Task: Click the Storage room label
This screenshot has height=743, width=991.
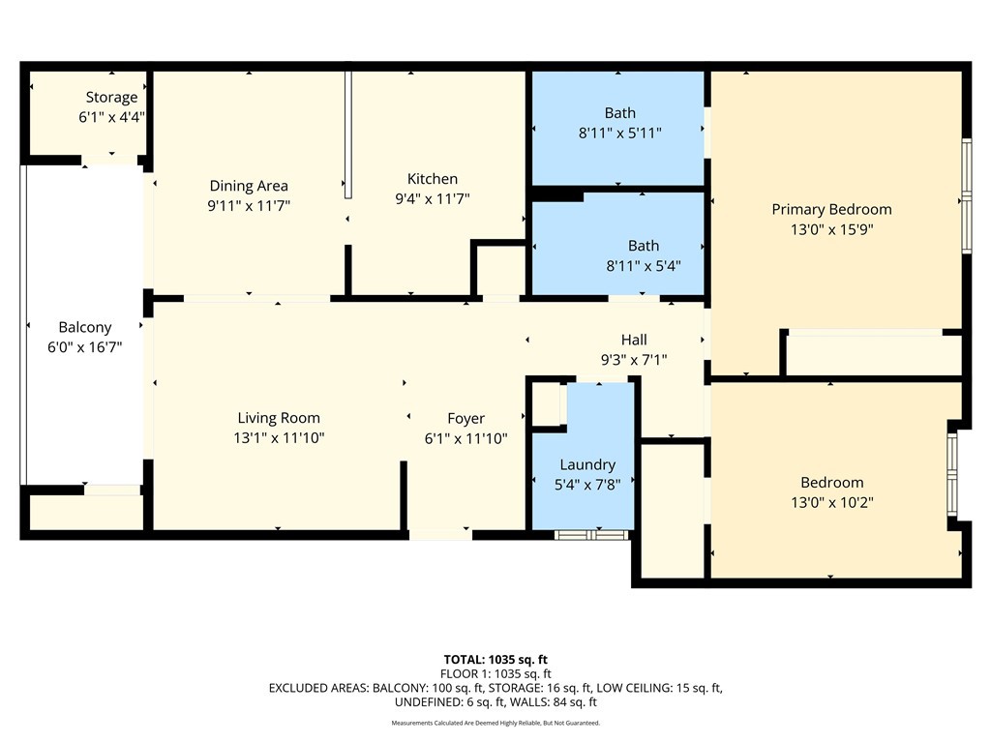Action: click(x=111, y=97)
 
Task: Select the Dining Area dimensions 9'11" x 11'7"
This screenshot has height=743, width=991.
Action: click(x=249, y=205)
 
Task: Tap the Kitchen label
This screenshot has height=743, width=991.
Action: click(x=432, y=179)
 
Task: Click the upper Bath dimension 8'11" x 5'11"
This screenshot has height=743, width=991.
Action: click(x=619, y=133)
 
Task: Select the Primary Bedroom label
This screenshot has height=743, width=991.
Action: click(x=830, y=209)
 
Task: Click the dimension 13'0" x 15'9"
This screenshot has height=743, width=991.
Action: click(x=830, y=229)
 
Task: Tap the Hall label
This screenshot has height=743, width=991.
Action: click(x=634, y=340)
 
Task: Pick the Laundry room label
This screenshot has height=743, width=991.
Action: click(x=586, y=464)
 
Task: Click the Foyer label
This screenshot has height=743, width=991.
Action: click(x=465, y=418)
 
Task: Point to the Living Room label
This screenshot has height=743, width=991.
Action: click(x=279, y=418)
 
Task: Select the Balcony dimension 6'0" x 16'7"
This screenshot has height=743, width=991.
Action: click(x=84, y=347)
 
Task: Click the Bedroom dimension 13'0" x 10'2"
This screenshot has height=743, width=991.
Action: click(x=831, y=502)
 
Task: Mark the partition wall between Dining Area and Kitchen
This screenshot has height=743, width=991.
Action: click(x=348, y=134)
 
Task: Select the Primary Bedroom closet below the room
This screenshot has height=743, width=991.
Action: click(x=873, y=354)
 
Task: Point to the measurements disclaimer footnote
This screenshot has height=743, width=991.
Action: click(x=495, y=723)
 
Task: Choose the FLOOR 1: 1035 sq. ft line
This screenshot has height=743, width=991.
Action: click(x=495, y=673)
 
